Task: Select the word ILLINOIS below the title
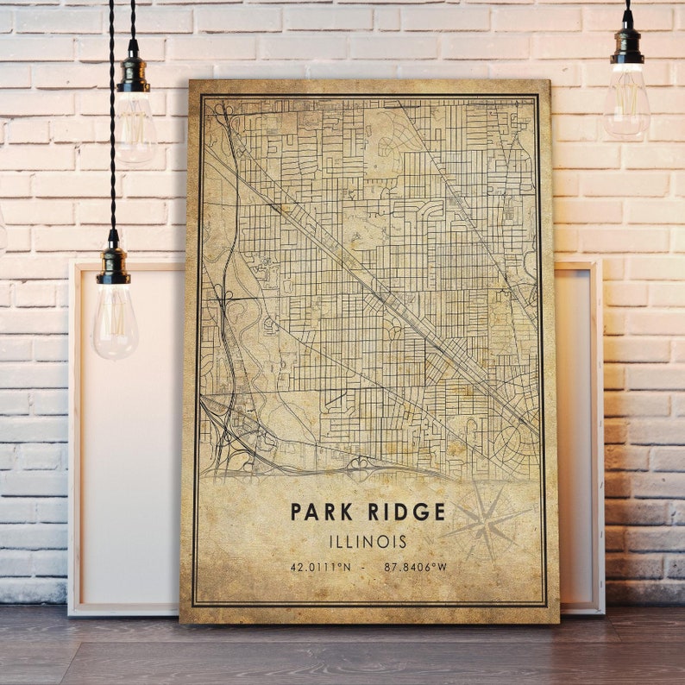[368, 542]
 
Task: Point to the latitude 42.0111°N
[320, 567]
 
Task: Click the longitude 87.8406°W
[416, 567]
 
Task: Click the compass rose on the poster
[485, 520]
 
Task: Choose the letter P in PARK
[297, 512]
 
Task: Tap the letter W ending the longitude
[443, 567]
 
